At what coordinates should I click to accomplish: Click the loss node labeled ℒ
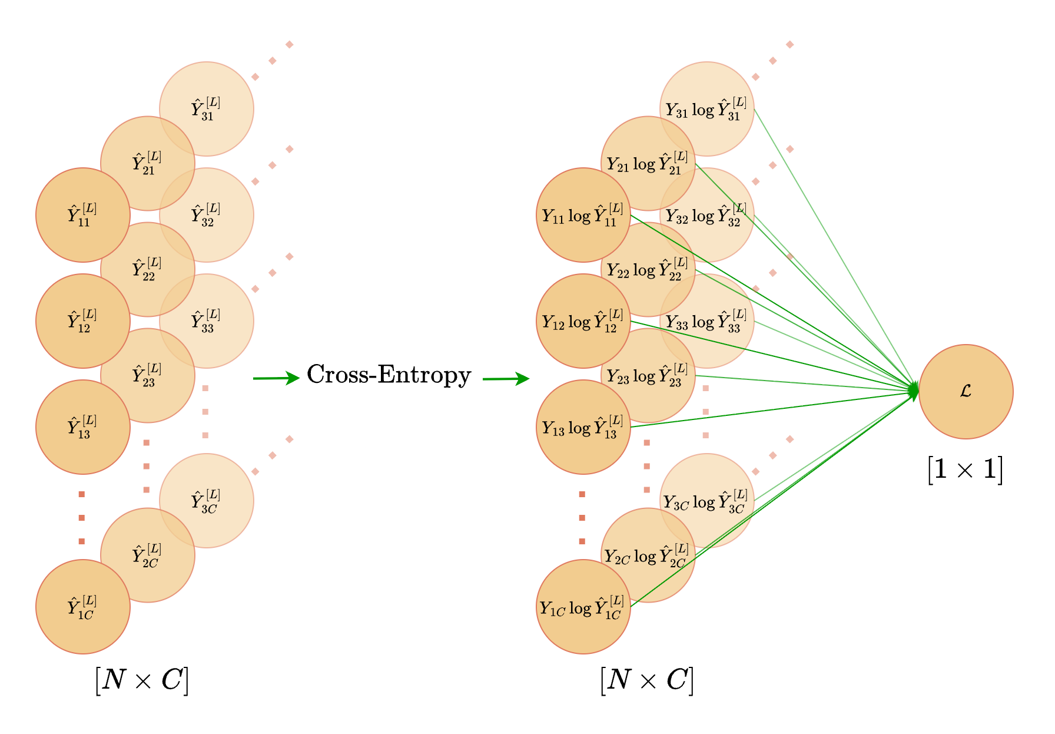pyautogui.click(x=966, y=391)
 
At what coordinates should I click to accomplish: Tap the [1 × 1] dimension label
pyautogui.click(x=965, y=470)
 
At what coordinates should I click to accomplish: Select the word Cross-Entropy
pyautogui.click(x=389, y=375)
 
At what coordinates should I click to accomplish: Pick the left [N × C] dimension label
pyautogui.click(x=142, y=680)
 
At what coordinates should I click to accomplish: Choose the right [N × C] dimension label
pyautogui.click(x=647, y=680)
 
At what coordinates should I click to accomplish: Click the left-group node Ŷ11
pyautogui.click(x=82, y=215)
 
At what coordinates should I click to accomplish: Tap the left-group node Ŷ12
pyautogui.click(x=82, y=321)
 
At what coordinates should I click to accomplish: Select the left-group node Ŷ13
pyautogui.click(x=82, y=427)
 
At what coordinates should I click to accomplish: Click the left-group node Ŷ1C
pyautogui.click(x=82, y=607)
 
